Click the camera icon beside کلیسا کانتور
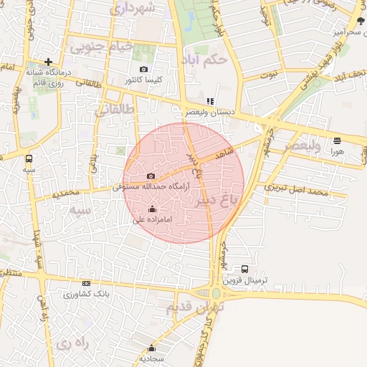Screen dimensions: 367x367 pos(144,70)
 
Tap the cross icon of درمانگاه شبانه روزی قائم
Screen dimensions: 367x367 pos(48,62)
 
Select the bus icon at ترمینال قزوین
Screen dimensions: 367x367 pos(245,269)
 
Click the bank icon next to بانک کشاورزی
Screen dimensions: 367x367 pos(87,284)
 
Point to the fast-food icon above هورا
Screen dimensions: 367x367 pos(338,140)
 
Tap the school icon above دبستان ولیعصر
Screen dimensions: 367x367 pos(210,102)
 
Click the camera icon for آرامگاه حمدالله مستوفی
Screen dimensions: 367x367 pos(151,176)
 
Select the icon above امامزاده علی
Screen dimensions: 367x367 pos(152,209)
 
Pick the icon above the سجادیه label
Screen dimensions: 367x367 pos(152,348)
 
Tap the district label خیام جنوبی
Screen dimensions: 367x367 pos(102,47)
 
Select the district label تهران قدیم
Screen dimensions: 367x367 pos(196,308)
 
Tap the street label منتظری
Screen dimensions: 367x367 pos(11,273)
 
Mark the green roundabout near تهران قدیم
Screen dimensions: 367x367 pos(216,292)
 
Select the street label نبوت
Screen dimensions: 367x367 pos(269,73)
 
